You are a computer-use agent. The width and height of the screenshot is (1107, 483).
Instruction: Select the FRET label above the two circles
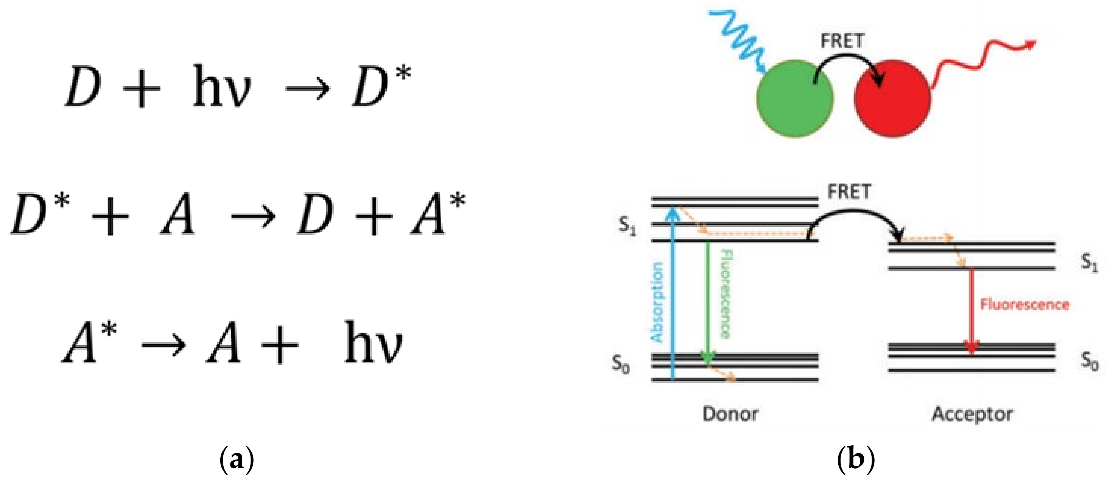coord(842,41)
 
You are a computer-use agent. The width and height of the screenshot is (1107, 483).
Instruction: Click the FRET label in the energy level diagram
coord(849,192)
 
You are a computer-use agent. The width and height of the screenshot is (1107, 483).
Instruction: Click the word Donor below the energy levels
coord(730,414)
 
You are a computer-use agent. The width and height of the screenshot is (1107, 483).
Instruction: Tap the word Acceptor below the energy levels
coord(972,414)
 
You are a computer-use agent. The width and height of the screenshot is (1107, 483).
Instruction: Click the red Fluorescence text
coord(1024,305)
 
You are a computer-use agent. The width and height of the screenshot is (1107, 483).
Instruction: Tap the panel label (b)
coord(856,460)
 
